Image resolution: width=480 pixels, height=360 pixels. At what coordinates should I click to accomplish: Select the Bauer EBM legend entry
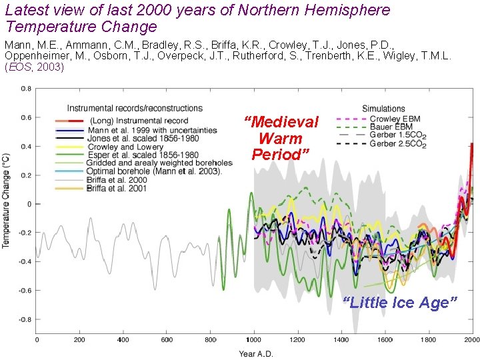coord(391,127)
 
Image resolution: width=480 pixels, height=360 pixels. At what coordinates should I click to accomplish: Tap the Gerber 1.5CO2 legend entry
coord(397,135)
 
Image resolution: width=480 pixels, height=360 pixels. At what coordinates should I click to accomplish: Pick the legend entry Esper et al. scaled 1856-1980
coord(143,155)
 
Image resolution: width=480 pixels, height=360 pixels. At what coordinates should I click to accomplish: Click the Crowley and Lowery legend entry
coord(125,147)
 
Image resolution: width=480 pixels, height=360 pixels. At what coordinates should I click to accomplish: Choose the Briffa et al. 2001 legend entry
coord(117,189)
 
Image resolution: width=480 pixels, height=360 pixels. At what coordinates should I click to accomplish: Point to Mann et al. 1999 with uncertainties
coord(152,130)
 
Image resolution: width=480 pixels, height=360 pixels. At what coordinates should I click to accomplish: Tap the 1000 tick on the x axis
coord(253,340)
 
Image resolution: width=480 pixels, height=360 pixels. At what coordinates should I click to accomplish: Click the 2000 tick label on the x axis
coord(471,340)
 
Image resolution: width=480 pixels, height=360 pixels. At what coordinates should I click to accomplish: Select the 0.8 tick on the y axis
coord(25,89)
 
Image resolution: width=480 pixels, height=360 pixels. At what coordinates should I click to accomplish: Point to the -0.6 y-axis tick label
coord(24,291)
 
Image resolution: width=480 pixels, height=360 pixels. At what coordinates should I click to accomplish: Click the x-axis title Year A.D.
coord(256,353)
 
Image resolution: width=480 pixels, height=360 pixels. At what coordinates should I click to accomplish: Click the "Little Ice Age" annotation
coord(400,303)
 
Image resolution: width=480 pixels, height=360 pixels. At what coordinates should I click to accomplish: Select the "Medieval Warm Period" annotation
coord(281,139)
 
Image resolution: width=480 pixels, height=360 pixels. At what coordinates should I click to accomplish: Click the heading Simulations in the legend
coord(383,109)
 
